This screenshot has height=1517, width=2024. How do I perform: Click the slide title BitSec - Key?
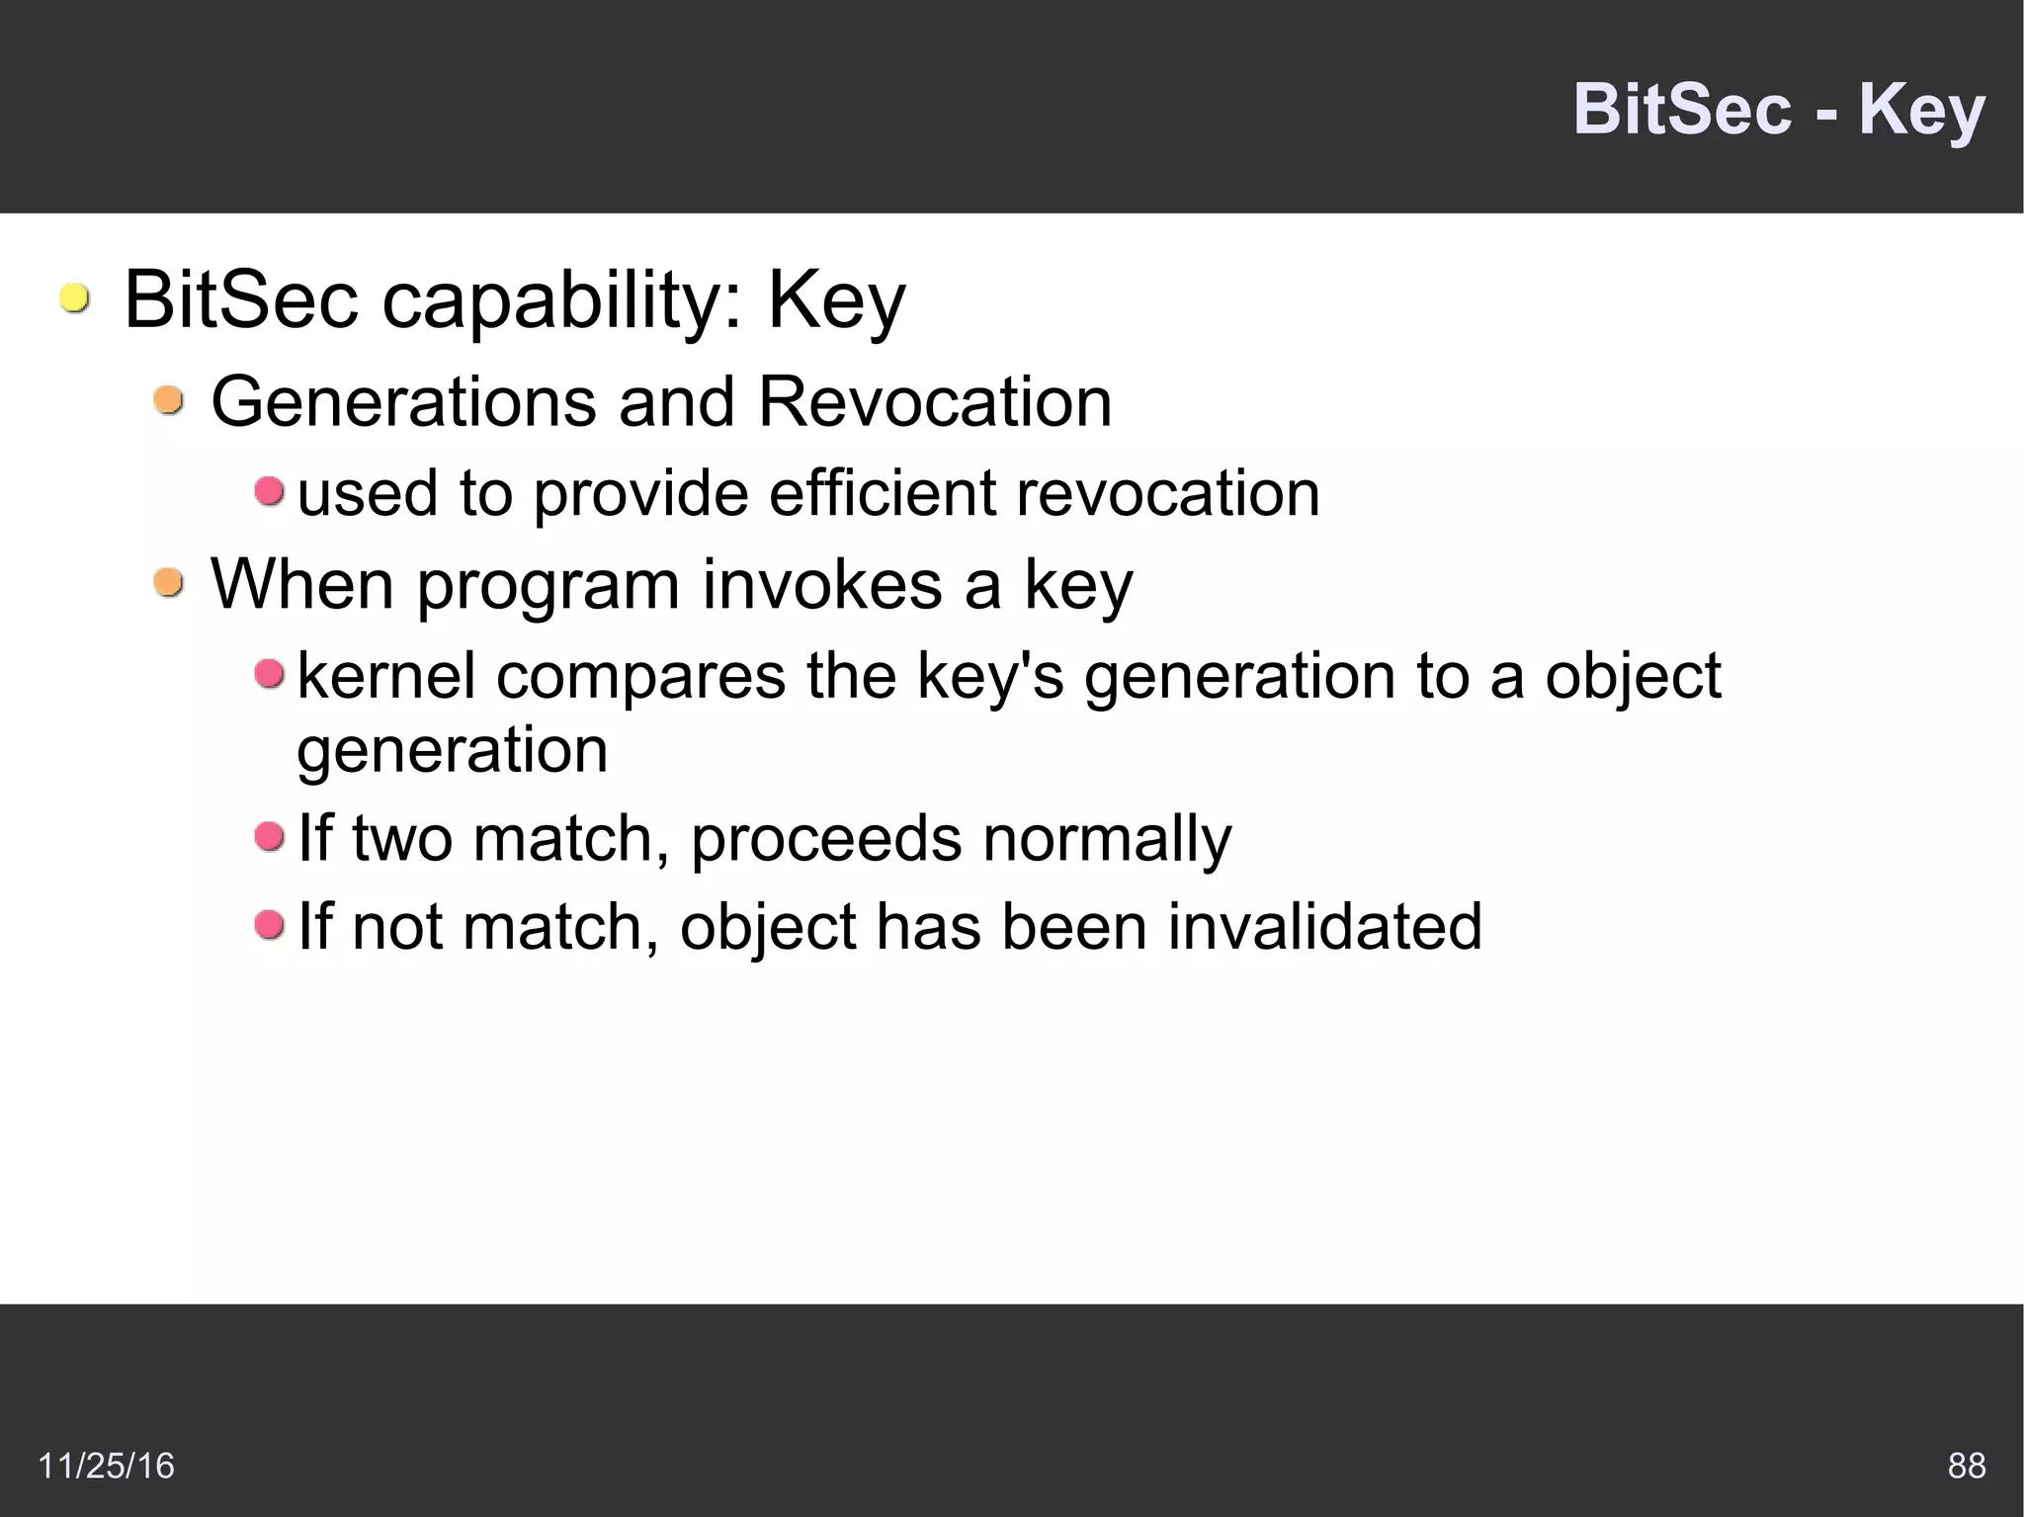(1778, 110)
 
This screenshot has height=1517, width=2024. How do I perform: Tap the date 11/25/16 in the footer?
(106, 1465)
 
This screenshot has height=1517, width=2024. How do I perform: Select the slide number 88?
(1966, 1465)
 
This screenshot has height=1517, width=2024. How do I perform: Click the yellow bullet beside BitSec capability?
(74, 297)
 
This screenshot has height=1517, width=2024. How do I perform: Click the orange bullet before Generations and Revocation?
(169, 400)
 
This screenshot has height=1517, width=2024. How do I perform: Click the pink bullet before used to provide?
(269, 490)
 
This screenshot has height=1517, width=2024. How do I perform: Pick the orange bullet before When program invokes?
(169, 582)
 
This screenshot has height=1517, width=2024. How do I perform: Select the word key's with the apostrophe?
(990, 678)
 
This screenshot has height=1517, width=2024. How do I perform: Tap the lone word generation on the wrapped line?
(452, 751)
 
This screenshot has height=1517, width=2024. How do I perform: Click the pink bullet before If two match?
(269, 837)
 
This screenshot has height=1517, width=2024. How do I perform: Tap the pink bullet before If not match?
(269, 925)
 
